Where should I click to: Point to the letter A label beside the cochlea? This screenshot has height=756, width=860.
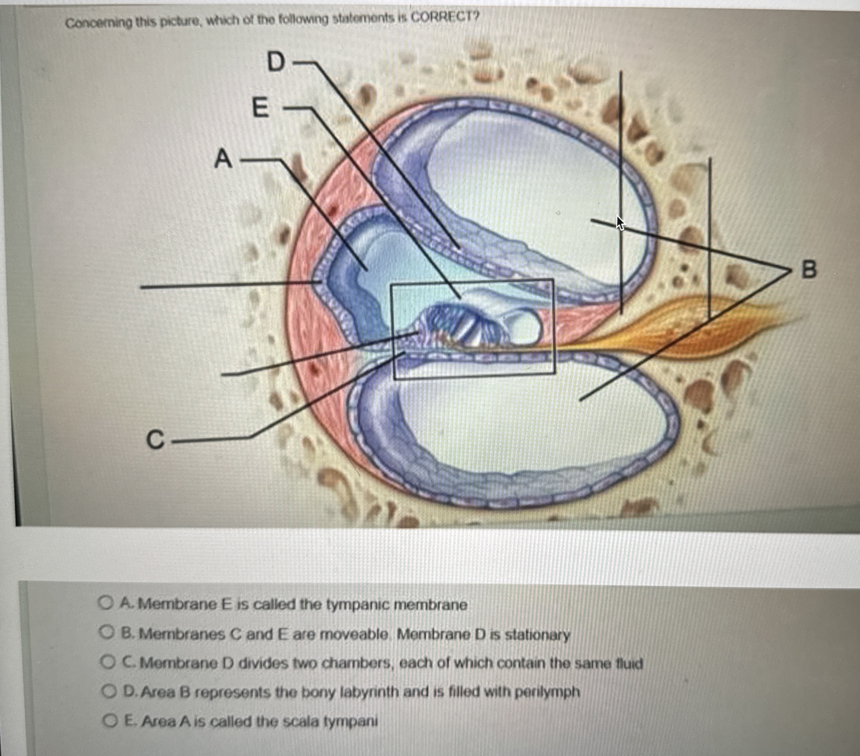[x=223, y=159]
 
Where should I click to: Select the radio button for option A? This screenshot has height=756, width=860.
[x=104, y=603]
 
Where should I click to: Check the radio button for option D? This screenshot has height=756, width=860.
[x=109, y=691]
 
